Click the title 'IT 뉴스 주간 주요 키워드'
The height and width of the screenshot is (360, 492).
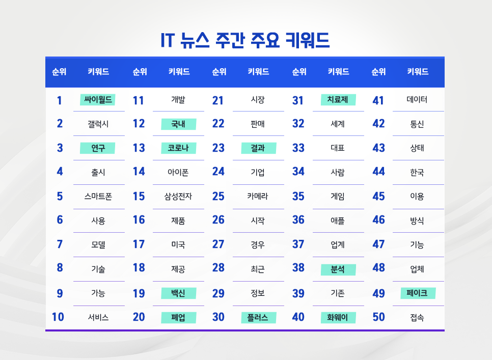[x=245, y=40]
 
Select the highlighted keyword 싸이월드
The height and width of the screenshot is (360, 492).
[x=98, y=100]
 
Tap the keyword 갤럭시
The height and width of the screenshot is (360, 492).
[x=98, y=124]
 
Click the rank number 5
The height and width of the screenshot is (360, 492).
[x=60, y=196]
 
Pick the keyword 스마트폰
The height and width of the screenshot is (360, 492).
[x=98, y=196]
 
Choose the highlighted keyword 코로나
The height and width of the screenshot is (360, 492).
[x=178, y=148]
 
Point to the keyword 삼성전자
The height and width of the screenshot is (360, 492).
[x=178, y=196]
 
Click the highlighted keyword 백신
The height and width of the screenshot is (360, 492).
[x=178, y=293]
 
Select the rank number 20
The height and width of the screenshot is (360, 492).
[x=139, y=317]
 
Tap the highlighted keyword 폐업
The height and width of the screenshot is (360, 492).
[x=178, y=318]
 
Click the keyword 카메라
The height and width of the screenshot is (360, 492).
[x=258, y=196]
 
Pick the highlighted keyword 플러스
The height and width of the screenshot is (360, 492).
[x=258, y=318]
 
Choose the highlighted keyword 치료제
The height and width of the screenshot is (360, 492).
[x=338, y=100]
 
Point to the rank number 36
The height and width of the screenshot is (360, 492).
[x=298, y=220]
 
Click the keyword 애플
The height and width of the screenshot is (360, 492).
[x=338, y=220]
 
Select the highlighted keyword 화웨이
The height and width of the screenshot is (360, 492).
[x=338, y=318]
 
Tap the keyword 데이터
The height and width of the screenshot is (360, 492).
[x=417, y=100]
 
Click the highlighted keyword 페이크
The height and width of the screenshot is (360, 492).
[x=417, y=293]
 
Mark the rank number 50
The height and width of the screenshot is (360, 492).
[x=378, y=317]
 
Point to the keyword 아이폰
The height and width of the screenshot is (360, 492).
[x=178, y=172]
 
